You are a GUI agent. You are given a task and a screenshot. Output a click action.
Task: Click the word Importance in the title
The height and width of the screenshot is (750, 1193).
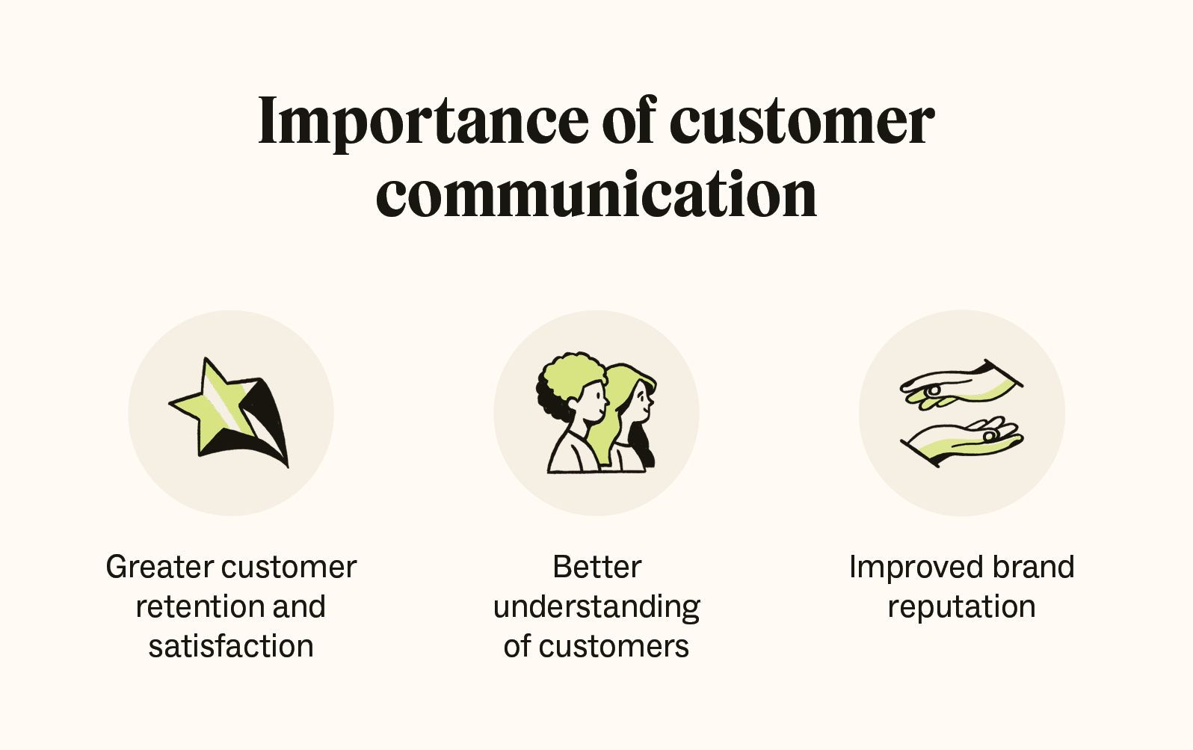click(423, 121)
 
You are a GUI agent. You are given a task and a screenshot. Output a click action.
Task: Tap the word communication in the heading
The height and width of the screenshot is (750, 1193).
click(596, 194)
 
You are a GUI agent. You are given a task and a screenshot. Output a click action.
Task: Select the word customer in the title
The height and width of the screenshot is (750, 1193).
click(801, 121)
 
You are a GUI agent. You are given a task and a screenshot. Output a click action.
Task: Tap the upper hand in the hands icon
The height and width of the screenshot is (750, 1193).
click(961, 385)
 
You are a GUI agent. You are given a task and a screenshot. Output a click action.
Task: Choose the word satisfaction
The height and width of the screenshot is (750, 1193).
click(231, 646)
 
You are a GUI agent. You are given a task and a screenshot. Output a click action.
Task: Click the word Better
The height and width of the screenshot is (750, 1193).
click(596, 567)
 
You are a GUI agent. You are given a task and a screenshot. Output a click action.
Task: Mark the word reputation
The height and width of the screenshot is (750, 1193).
click(961, 607)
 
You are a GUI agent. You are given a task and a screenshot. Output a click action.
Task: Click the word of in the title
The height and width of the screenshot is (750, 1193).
click(628, 121)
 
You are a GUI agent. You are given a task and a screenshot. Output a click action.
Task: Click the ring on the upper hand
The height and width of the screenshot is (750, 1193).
click(933, 390)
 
